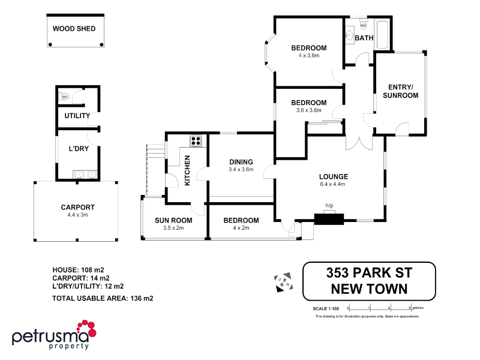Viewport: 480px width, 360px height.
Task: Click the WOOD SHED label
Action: (74, 28)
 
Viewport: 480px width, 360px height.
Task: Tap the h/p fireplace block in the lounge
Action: (329, 218)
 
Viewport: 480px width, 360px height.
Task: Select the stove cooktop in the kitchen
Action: (196, 142)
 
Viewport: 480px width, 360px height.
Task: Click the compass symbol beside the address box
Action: (283, 282)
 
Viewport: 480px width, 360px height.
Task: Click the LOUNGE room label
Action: (334, 176)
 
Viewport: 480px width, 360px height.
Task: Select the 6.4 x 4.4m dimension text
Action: (334, 184)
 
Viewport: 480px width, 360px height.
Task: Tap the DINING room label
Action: (241, 162)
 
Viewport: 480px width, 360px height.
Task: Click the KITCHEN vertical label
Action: (187, 170)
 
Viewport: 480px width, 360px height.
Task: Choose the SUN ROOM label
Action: (169, 221)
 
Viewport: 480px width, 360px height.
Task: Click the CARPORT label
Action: (78, 208)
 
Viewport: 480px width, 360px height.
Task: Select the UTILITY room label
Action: (77, 116)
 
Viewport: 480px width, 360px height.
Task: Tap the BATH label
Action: (364, 38)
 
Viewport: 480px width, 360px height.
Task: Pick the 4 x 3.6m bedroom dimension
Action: (308, 56)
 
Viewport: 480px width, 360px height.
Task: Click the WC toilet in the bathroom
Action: (363, 25)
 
